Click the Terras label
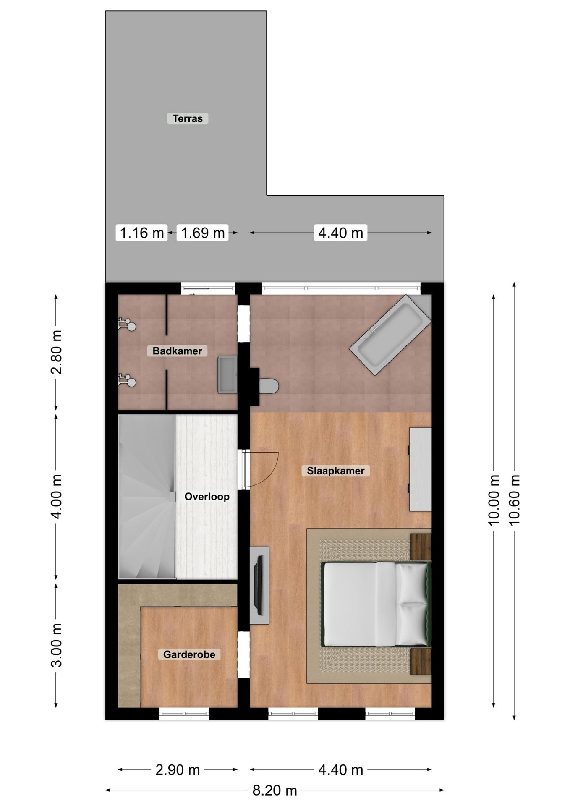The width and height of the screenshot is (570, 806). (188, 118)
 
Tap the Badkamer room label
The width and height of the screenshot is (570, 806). (177, 351)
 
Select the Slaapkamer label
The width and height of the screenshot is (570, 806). (335, 471)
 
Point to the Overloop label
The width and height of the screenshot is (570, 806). (207, 497)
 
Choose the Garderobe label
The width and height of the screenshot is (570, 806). (189, 654)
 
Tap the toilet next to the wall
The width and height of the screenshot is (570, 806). (269, 386)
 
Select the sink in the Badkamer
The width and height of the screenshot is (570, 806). (227, 374)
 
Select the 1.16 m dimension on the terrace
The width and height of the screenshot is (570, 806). (142, 233)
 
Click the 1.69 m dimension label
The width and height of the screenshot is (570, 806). (203, 233)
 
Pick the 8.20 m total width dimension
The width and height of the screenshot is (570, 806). (275, 791)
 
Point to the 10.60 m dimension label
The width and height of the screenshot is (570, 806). (514, 500)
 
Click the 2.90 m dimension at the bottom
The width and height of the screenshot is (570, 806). (178, 770)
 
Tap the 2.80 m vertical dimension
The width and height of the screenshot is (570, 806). (56, 352)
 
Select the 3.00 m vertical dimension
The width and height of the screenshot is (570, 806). (56, 645)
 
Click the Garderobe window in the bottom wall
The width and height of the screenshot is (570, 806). (184, 714)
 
